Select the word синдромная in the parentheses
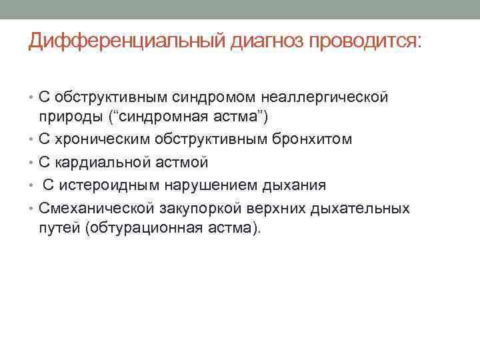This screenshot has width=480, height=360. pos(157,119)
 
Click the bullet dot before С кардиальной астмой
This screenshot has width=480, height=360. pos(32,163)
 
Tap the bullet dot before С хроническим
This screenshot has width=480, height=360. pos(32,141)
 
